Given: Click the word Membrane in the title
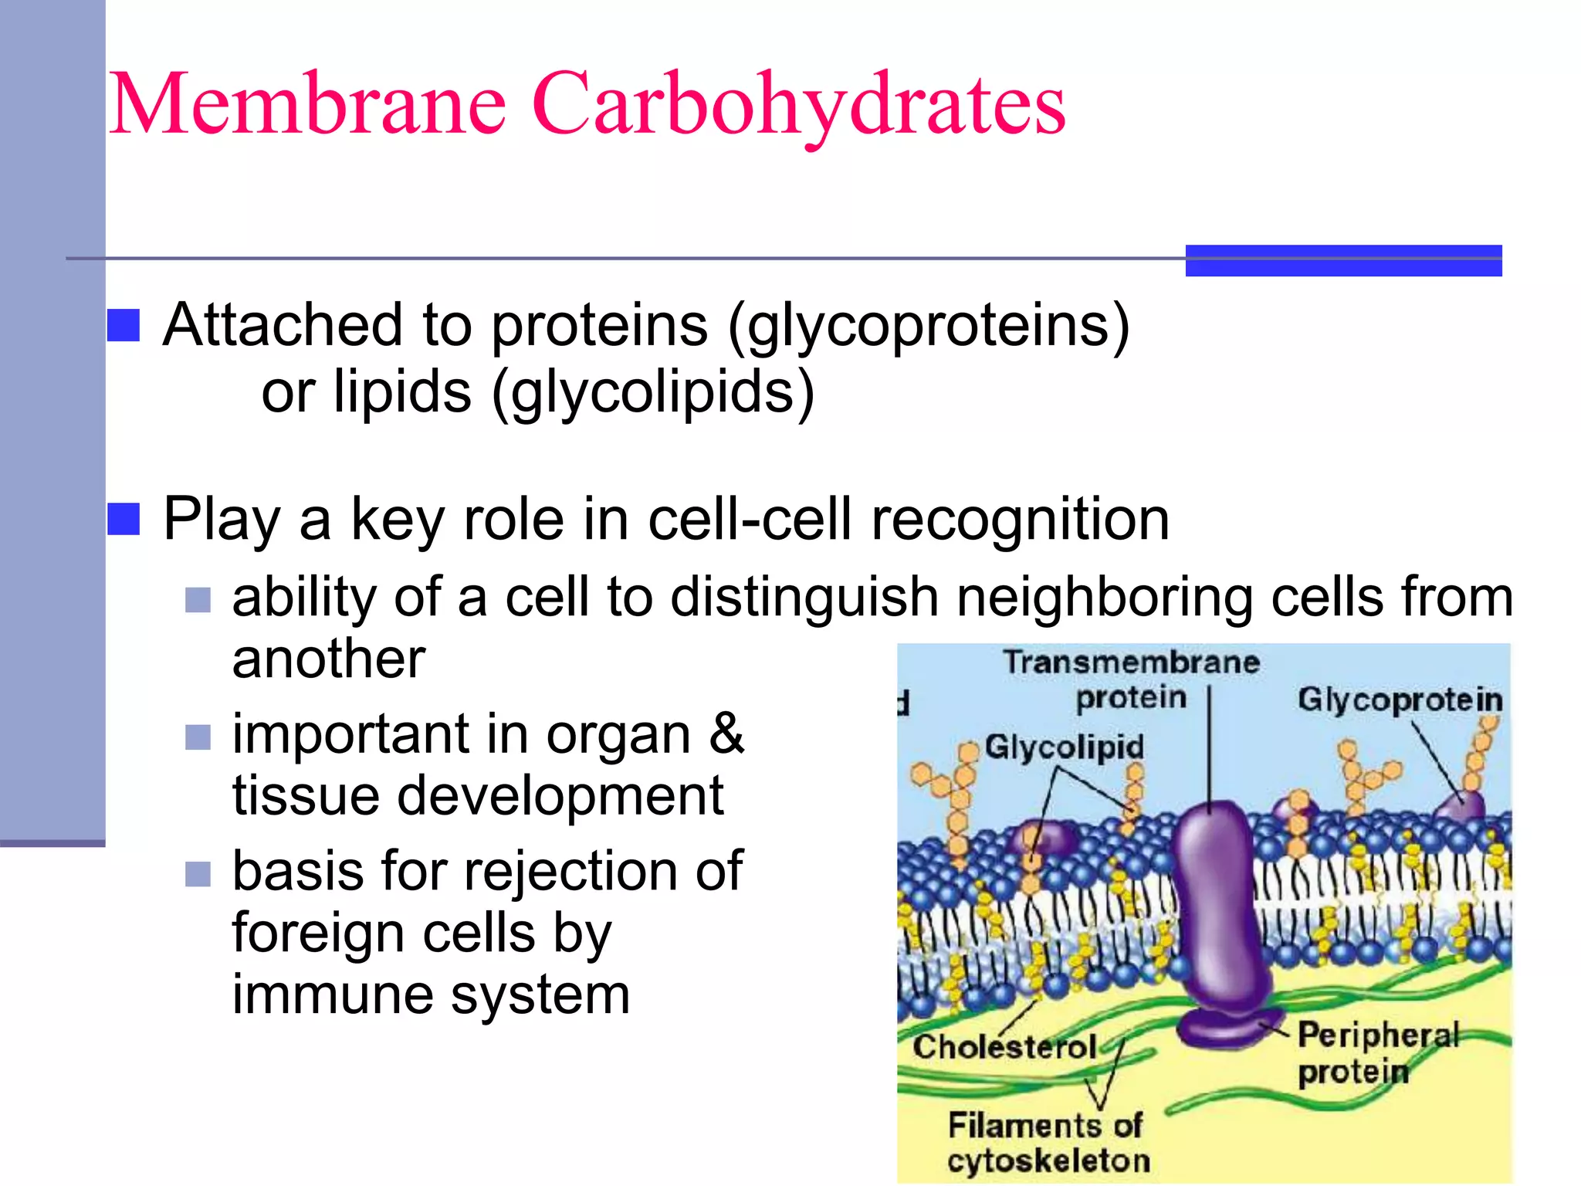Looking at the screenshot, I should tap(308, 103).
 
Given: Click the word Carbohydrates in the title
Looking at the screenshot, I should tap(798, 105).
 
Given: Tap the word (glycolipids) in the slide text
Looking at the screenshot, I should tap(653, 392).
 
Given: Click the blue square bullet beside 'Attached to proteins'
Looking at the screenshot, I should tap(124, 325).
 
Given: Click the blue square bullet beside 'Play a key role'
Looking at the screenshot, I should tap(124, 519).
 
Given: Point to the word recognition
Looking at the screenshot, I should tap(1020, 519).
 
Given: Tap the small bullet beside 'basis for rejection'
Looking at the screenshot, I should tap(198, 874).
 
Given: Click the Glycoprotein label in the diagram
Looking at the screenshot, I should tap(1400, 700).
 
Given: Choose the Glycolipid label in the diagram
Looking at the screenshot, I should tap(1064, 747).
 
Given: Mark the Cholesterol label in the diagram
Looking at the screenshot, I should tap(1004, 1047).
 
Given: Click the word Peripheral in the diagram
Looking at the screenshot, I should tap(1378, 1035).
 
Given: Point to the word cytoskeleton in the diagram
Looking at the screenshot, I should tap(1048, 1161).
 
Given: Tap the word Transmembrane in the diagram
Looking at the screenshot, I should tap(1131, 662).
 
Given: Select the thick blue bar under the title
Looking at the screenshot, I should tap(1343, 260).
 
